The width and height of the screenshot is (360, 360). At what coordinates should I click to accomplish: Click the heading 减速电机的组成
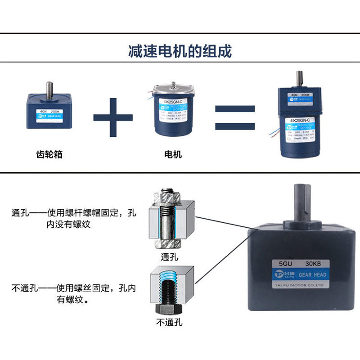pyautogui.click(x=180, y=51)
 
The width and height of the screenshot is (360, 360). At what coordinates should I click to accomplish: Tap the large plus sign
pyautogui.click(x=113, y=118)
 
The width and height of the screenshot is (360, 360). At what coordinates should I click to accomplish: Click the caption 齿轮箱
pyautogui.click(x=49, y=154)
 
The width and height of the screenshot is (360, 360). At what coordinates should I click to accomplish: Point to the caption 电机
pyautogui.click(x=173, y=154)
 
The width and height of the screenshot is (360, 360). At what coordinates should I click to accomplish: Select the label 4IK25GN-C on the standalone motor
pyautogui.click(x=168, y=102)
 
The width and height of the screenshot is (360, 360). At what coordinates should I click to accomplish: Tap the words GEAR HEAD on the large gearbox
pyautogui.click(x=312, y=274)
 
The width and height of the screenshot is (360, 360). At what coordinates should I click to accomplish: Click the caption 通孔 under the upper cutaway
pyautogui.click(x=169, y=257)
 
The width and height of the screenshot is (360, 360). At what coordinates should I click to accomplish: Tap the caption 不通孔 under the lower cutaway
pyautogui.click(x=169, y=323)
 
